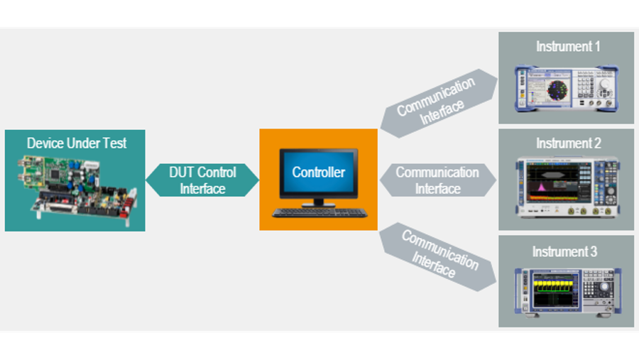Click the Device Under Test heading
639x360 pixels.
(x=76, y=143)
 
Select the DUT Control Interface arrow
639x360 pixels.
(x=202, y=180)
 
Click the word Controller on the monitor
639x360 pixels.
(x=318, y=173)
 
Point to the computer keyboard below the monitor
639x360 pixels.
(x=319, y=212)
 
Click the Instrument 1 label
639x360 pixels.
(x=568, y=47)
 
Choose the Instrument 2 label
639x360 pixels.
(x=568, y=143)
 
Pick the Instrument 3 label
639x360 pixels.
(x=565, y=252)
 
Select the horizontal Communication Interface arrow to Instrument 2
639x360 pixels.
(x=437, y=180)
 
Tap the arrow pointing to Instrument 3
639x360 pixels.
(x=435, y=257)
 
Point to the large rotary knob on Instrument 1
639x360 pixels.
(x=605, y=86)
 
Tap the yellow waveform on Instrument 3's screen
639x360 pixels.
(x=555, y=287)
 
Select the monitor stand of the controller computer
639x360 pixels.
(x=318, y=202)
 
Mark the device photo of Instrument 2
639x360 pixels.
(x=566, y=187)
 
